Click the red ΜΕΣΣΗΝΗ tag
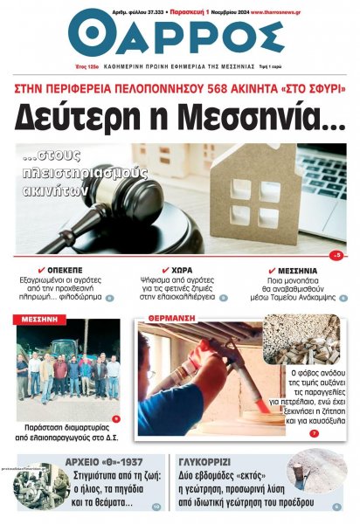pyautogui.click(x=38, y=320)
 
